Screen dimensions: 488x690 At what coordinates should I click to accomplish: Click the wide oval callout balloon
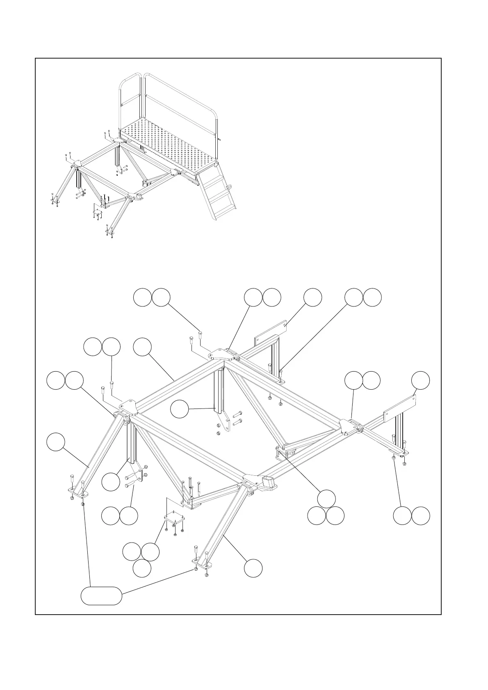tap(101, 595)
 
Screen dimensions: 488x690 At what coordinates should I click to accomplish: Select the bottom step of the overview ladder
tap(223, 210)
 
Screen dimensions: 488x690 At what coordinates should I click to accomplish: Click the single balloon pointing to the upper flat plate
tap(312, 297)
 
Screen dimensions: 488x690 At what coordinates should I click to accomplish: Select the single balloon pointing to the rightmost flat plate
tap(421, 380)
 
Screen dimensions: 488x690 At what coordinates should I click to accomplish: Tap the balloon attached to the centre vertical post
tap(179, 409)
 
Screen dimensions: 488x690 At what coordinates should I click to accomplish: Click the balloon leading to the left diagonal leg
tap(55, 443)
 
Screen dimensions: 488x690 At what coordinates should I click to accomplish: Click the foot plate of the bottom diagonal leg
tap(201, 565)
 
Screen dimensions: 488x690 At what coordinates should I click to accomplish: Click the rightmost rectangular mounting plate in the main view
tap(400, 409)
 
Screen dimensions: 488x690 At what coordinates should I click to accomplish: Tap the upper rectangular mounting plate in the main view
tap(271, 333)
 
